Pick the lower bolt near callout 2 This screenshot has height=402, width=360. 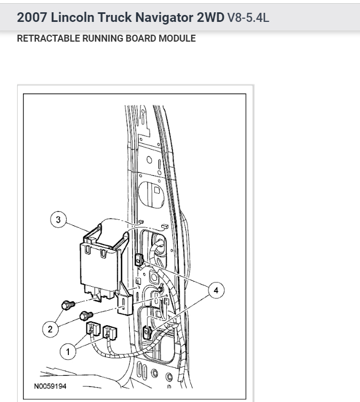coord(85,315)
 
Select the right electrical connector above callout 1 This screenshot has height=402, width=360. coord(110,334)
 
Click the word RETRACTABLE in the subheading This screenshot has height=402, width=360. coord(43,38)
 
